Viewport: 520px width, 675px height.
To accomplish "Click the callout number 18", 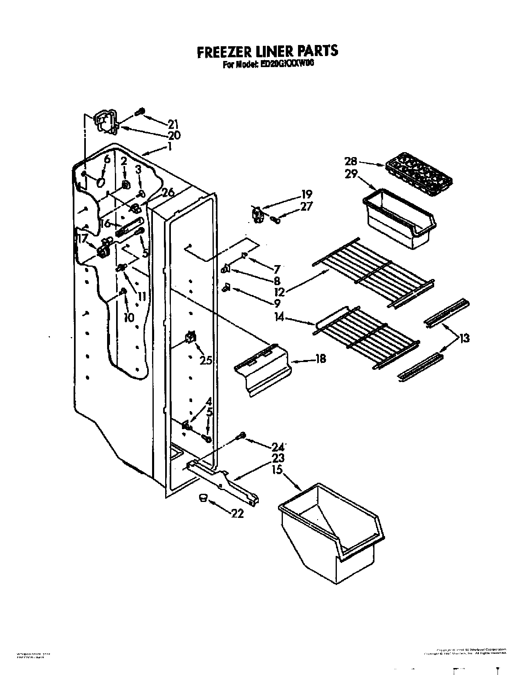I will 321,359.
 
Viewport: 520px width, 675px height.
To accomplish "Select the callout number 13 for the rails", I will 464,338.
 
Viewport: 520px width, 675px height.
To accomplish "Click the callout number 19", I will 307,193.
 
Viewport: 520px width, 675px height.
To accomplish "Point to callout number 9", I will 278,303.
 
